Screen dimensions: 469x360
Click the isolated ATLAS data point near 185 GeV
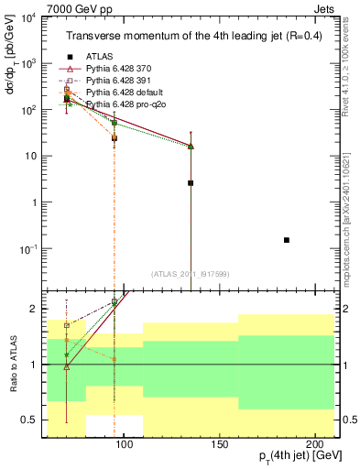pos(287,240)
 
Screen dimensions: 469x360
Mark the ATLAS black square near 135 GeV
pos(191,183)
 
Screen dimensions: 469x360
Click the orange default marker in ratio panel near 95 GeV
pos(114,359)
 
